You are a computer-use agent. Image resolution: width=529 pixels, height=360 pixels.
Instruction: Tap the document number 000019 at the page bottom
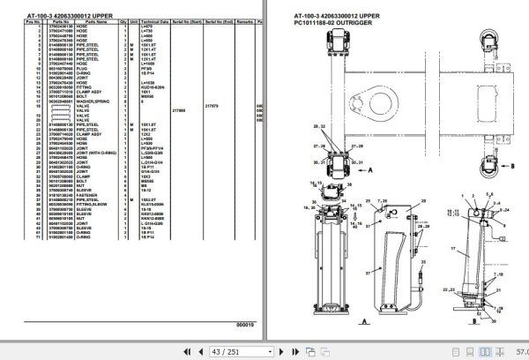click(244, 324)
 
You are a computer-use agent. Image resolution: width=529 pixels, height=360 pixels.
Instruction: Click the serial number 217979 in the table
click(212, 106)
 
